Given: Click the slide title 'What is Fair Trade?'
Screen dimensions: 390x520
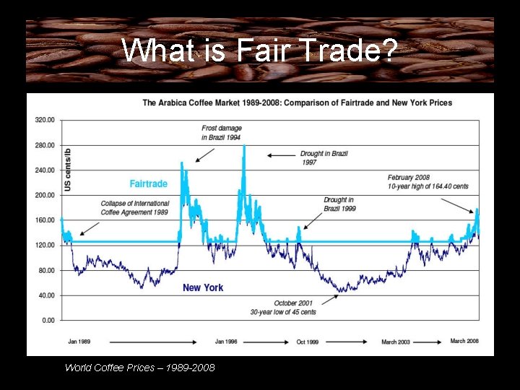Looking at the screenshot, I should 259,51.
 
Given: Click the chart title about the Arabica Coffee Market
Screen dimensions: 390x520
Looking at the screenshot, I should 297,103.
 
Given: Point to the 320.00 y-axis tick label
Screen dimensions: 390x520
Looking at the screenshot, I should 45,120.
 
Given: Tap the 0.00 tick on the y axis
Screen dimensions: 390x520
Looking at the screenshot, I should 48,320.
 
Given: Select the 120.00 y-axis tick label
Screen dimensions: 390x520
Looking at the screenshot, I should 45,246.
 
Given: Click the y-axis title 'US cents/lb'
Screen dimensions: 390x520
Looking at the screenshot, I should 68,170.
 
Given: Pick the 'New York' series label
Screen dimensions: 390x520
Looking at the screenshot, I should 203,287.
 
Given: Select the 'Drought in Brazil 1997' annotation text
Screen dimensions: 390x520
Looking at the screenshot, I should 324,158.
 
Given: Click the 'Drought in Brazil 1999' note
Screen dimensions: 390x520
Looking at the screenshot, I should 339,204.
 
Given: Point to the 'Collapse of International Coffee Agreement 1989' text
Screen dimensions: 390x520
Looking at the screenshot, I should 135,208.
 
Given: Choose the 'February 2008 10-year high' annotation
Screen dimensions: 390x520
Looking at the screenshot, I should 428,181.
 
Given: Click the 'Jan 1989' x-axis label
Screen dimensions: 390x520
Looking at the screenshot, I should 79,341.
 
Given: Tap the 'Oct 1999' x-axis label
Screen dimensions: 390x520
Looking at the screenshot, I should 307,341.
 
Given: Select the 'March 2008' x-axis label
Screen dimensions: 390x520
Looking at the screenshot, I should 464,341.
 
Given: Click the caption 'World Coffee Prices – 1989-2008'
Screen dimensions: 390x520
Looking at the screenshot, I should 139,368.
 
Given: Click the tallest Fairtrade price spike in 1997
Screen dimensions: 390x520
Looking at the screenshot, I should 244,147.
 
